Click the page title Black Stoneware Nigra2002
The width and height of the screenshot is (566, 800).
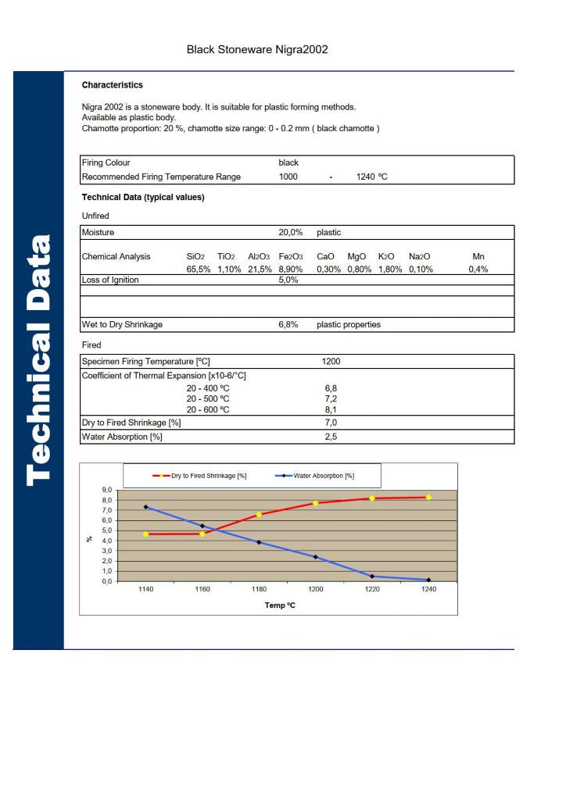click(x=256, y=49)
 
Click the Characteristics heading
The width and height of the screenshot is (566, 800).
click(x=113, y=85)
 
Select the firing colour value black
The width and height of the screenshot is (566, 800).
click(x=288, y=162)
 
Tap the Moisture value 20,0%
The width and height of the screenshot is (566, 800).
click(x=290, y=233)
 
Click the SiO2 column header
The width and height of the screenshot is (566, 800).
click(x=195, y=256)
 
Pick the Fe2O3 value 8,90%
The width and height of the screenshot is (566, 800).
click(x=290, y=269)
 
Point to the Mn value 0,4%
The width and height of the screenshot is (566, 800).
click(x=478, y=269)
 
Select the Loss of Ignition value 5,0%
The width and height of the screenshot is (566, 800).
click(x=288, y=280)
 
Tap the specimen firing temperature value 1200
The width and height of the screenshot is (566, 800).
click(x=331, y=362)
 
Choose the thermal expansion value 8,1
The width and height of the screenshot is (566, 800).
click(x=331, y=409)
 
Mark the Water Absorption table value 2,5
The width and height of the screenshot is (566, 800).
click(x=331, y=437)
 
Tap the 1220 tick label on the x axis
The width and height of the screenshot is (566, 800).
click(x=371, y=589)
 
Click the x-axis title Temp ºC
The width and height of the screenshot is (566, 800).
click(x=279, y=605)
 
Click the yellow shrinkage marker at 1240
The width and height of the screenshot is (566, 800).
click(x=428, y=497)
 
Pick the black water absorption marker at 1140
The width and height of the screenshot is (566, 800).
click(x=146, y=507)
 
